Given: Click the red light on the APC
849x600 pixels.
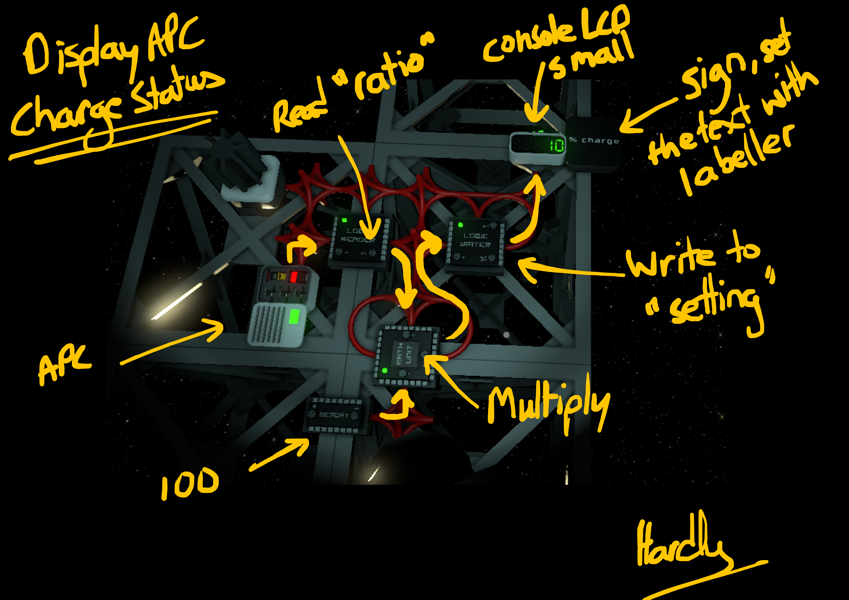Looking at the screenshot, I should [x=294, y=277].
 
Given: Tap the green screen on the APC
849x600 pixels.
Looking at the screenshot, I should [x=295, y=317].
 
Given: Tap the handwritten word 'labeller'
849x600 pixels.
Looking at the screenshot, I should [x=736, y=159].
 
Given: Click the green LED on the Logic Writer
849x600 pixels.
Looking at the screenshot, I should [x=460, y=225].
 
